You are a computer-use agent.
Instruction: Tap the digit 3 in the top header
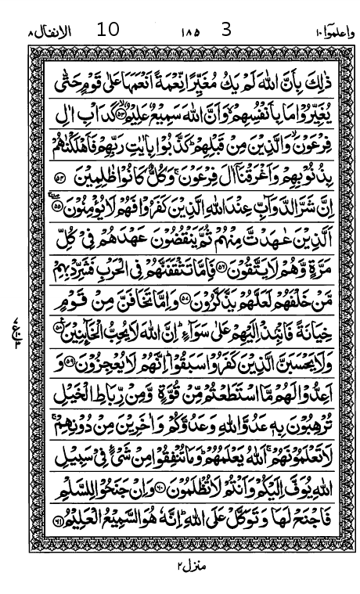tap(228, 31)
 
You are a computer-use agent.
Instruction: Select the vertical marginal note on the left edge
tap(16, 318)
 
